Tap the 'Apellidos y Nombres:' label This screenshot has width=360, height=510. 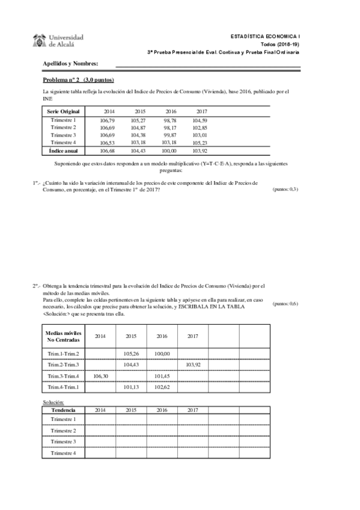[70, 63]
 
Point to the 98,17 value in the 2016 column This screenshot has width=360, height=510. [170, 128]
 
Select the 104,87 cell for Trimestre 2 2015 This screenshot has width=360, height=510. [139, 128]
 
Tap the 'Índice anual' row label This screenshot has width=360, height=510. [63, 150]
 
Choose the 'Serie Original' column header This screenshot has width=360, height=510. [63, 112]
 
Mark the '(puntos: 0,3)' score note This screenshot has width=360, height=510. [285, 189]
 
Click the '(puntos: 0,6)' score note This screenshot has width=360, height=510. [285, 304]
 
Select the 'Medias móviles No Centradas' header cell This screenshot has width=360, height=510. [63, 336]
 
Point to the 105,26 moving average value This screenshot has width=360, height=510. [132, 354]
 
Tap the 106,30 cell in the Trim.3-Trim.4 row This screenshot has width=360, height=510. [100, 376]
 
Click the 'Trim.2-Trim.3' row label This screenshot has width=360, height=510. [63, 365]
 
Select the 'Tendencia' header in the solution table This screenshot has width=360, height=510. [63, 410]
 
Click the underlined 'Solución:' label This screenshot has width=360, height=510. [53, 402]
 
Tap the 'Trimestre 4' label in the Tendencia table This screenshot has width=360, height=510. [63, 453]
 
